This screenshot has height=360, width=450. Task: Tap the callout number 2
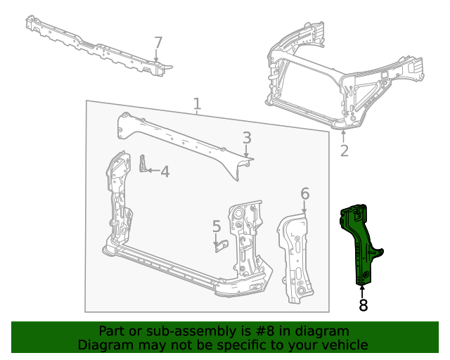[344, 150]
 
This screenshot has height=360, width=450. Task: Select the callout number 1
[198, 105]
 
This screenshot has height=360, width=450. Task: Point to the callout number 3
[247, 137]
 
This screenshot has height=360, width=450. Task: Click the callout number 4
[165, 171]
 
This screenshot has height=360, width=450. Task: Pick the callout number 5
[217, 226]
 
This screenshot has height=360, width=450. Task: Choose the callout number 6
[304, 193]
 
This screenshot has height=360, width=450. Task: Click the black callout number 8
[363, 306]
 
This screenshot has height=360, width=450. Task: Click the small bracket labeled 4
[143, 165]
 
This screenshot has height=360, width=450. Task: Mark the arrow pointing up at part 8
[363, 290]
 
